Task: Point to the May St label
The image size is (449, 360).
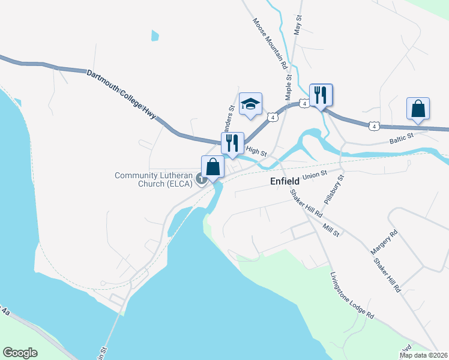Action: [297, 27]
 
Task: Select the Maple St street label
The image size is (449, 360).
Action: [288, 86]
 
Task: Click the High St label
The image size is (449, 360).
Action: [256, 152]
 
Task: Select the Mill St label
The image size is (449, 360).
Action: [331, 229]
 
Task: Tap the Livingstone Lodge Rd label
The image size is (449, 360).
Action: [352, 296]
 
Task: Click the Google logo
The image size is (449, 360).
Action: [20, 353]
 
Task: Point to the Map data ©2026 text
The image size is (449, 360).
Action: [423, 355]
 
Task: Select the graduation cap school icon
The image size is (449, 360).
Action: [251, 104]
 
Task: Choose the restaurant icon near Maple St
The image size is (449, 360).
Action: [321, 95]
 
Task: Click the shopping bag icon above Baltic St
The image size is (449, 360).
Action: [418, 109]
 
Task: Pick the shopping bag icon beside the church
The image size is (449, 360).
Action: [212, 166]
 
